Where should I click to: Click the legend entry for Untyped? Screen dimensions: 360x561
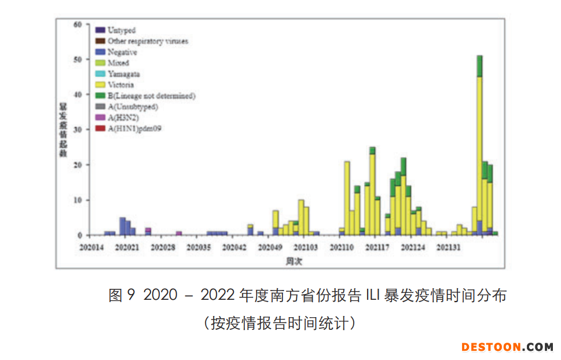tap(121, 30)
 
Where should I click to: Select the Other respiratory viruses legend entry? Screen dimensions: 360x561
tap(147, 41)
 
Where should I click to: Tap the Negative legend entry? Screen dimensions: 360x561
tap(122, 52)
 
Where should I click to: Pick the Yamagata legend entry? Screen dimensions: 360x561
tap(123, 74)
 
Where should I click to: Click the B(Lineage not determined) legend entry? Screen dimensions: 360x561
tap(151, 96)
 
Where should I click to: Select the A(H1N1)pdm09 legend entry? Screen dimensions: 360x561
tap(134, 128)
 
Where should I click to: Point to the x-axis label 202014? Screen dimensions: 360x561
tap(91, 248)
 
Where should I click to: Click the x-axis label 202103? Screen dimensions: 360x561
tap(305, 248)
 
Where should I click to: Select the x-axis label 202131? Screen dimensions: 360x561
tap(448, 248)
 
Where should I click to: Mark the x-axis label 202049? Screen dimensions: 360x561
tap(270, 248)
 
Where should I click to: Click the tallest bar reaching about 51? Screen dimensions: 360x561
tap(479, 145)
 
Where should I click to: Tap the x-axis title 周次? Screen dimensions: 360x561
tap(294, 261)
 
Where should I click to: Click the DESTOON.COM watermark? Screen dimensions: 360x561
tap(507, 347)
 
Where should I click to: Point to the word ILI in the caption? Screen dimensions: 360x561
tap(371, 296)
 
